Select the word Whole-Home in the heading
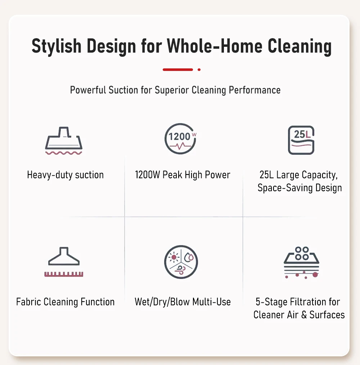click(215, 46)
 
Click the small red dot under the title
click(199, 69)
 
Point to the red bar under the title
click(178, 69)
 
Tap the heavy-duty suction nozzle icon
click(64, 141)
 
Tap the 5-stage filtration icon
click(301, 262)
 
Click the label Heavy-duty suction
click(65, 175)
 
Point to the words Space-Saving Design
click(300, 188)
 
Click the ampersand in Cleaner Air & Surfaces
click(304, 315)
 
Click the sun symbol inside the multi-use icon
click(174, 257)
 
